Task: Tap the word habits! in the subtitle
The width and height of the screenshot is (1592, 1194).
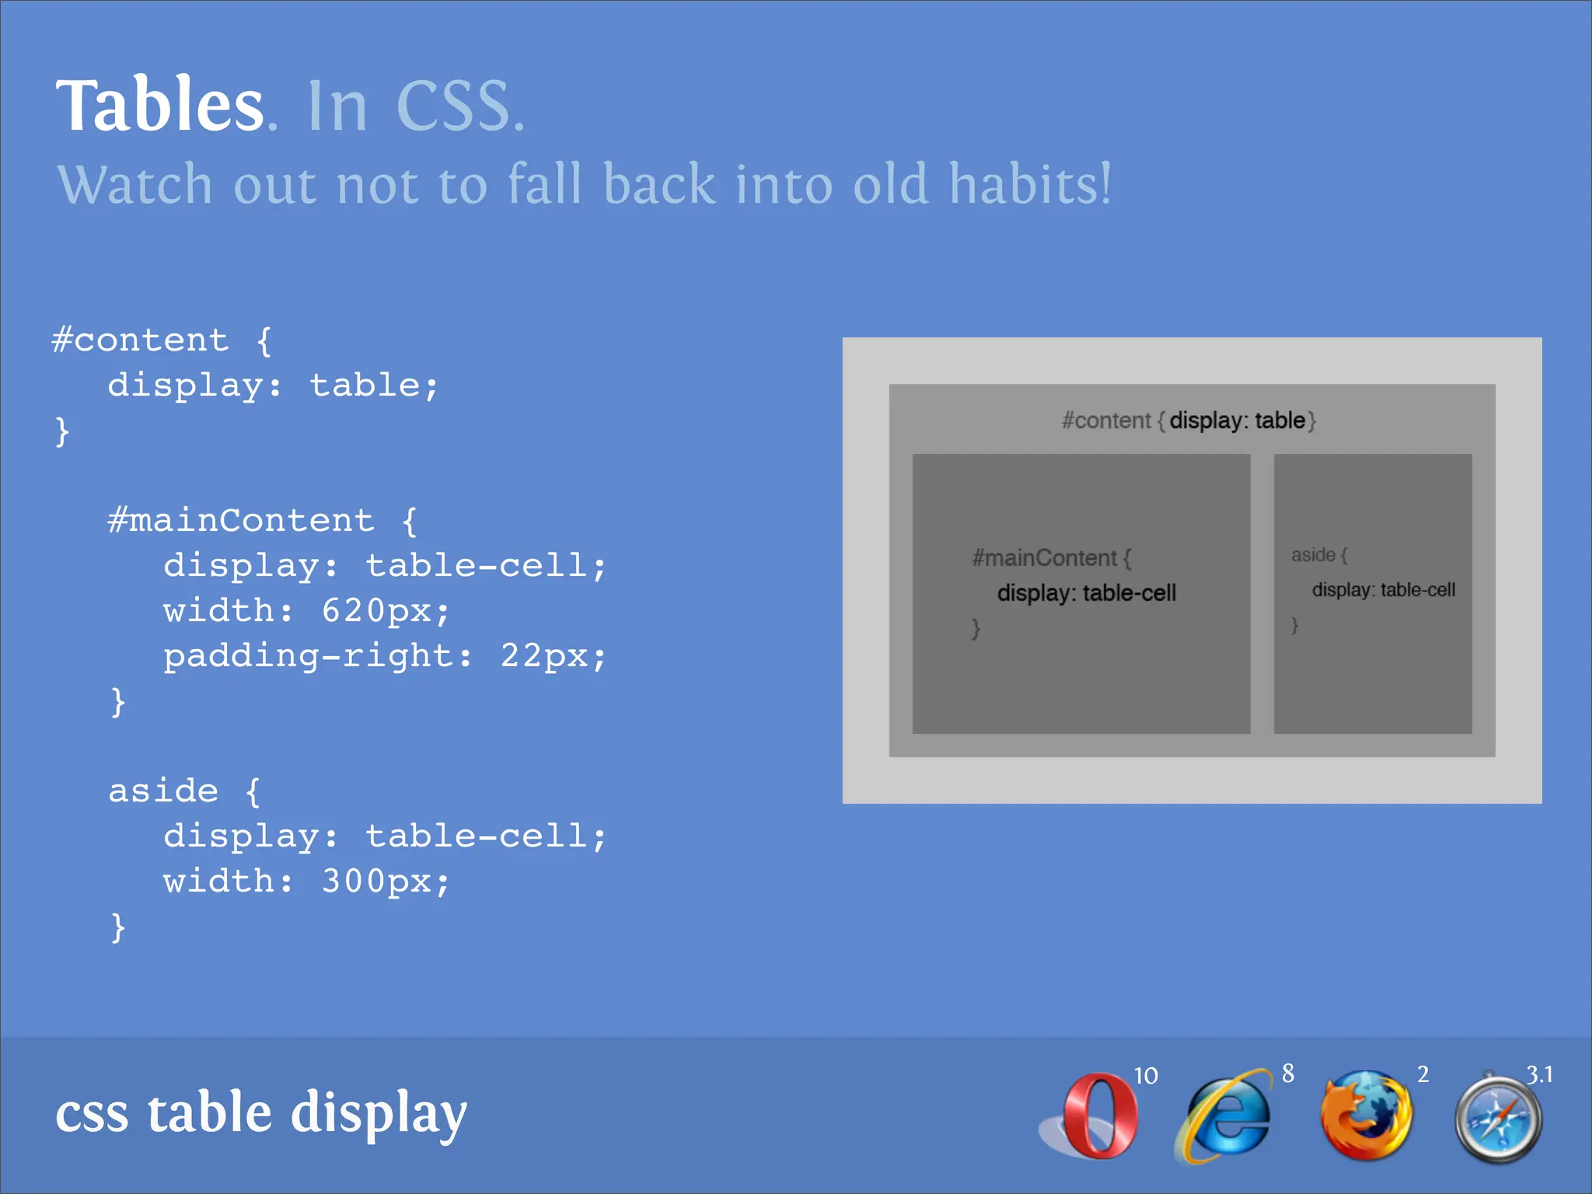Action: click(x=1030, y=185)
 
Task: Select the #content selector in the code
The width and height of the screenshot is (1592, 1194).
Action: click(x=140, y=340)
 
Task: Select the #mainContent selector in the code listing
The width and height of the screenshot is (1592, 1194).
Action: click(x=241, y=520)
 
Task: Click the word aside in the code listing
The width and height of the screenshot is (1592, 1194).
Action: click(x=163, y=791)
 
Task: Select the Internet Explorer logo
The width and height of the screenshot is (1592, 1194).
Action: click(x=1224, y=1116)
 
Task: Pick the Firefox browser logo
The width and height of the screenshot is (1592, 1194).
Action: click(x=1366, y=1115)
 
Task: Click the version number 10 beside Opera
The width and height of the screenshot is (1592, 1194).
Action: click(x=1145, y=1076)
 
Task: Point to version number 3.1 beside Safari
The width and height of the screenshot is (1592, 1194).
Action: click(x=1539, y=1074)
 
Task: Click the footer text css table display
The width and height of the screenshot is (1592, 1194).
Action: click(x=261, y=1113)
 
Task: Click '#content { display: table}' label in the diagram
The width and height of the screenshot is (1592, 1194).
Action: click(x=1189, y=421)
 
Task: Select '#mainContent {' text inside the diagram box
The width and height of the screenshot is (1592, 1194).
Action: click(x=1051, y=557)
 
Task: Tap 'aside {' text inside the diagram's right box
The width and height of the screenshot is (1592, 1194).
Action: click(x=1318, y=555)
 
